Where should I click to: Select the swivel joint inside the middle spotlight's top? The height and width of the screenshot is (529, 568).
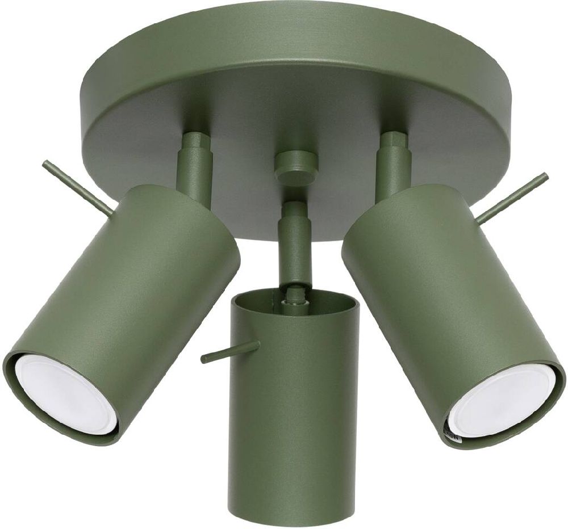[294, 293]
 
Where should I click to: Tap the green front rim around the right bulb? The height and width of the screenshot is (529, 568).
[554, 397]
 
